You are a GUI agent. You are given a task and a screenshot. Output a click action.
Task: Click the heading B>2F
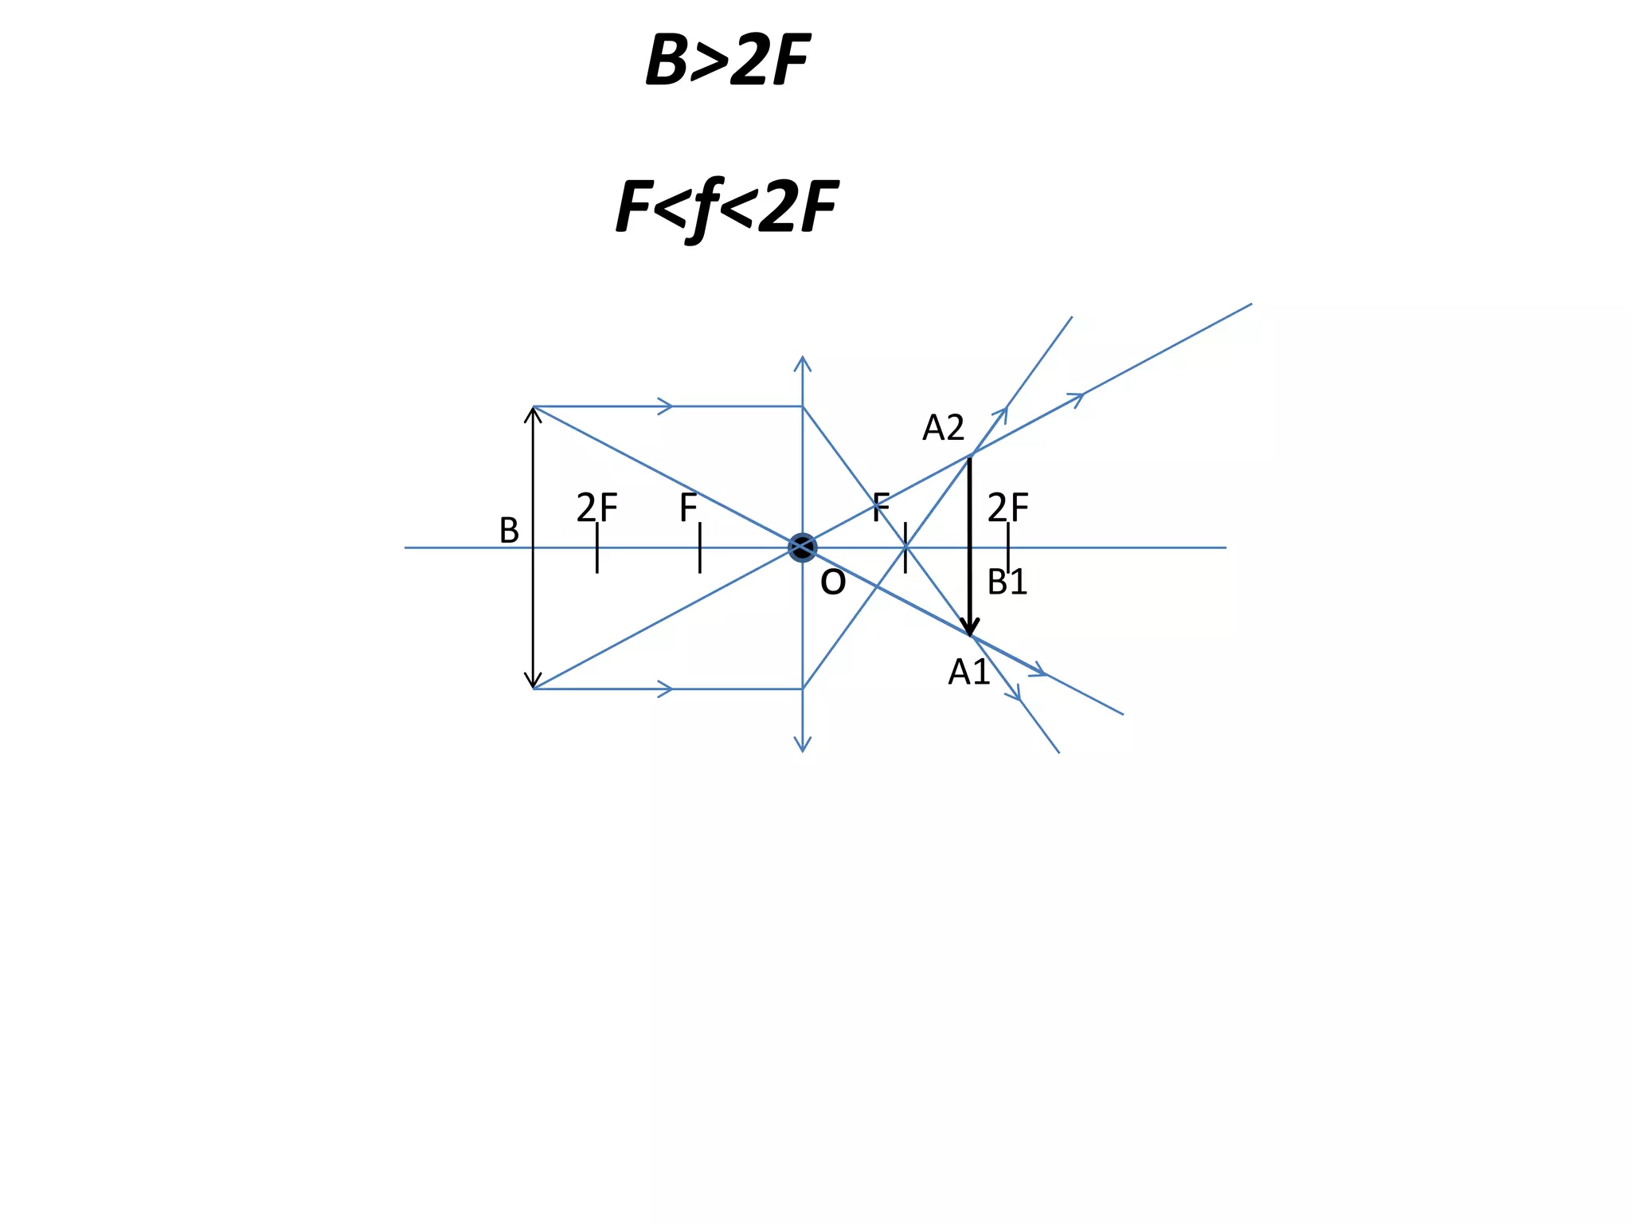[727, 61]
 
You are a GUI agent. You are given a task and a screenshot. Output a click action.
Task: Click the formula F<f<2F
[726, 207]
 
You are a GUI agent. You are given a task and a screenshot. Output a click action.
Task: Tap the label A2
[943, 429]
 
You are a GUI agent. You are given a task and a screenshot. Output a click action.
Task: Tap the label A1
[968, 673]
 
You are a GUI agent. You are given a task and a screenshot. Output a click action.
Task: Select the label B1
[1007, 583]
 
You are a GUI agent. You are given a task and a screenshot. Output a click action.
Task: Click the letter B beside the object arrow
[509, 531]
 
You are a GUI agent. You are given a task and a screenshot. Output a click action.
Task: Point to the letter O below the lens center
[833, 583]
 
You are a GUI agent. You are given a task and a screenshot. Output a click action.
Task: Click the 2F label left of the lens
[596, 508]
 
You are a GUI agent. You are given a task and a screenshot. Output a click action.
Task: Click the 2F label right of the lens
[1007, 508]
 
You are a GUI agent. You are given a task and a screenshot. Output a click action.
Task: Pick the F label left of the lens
[688, 508]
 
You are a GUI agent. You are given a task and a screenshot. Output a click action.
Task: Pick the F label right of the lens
[881, 508]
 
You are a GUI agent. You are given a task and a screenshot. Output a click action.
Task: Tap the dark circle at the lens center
[802, 547]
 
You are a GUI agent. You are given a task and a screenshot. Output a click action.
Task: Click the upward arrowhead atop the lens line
[803, 363]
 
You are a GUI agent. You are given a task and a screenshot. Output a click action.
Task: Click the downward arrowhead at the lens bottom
[803, 745]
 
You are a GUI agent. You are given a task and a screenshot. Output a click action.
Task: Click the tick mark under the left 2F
[597, 548]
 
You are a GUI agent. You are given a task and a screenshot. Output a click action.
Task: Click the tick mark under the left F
[700, 548]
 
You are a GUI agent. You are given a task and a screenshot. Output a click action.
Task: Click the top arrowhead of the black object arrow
[534, 414]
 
